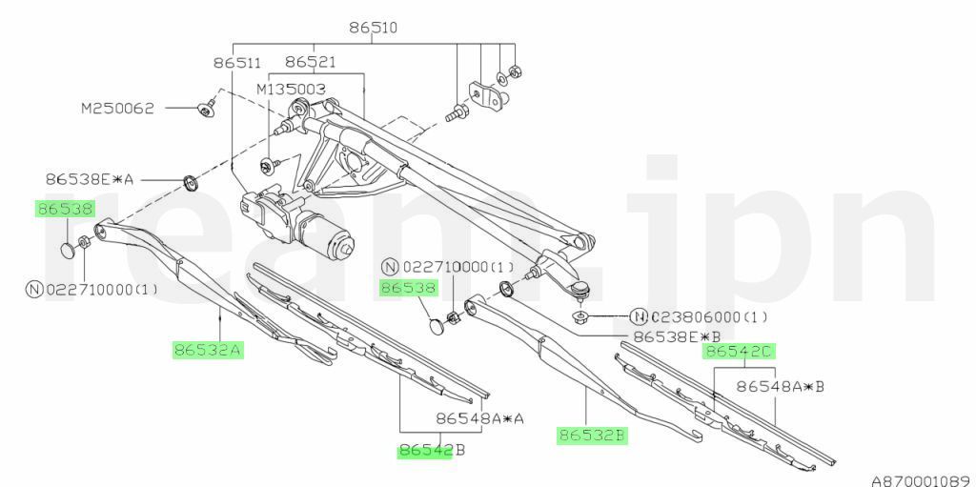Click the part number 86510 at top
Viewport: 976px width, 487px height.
(x=373, y=28)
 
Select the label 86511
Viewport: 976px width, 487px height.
(x=237, y=62)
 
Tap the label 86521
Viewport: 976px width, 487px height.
(x=311, y=62)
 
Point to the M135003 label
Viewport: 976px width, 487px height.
(x=292, y=90)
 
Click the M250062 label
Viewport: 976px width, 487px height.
(x=117, y=109)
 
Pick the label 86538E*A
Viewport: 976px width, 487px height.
(x=90, y=180)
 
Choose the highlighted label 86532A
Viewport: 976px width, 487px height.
(x=207, y=350)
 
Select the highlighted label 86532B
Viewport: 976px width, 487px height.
(x=591, y=436)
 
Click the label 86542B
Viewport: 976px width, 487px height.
(x=432, y=450)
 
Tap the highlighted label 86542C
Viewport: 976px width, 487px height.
(x=739, y=352)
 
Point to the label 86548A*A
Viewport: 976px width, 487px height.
(x=480, y=418)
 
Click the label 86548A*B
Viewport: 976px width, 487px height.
(x=781, y=387)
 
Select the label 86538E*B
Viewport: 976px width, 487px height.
(x=678, y=337)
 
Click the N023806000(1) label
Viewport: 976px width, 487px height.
(x=699, y=317)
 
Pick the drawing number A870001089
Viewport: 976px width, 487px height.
(x=924, y=480)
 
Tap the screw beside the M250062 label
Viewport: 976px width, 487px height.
(x=207, y=109)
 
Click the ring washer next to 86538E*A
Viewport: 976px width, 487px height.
(x=190, y=182)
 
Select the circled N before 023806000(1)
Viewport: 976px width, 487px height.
(x=638, y=317)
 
